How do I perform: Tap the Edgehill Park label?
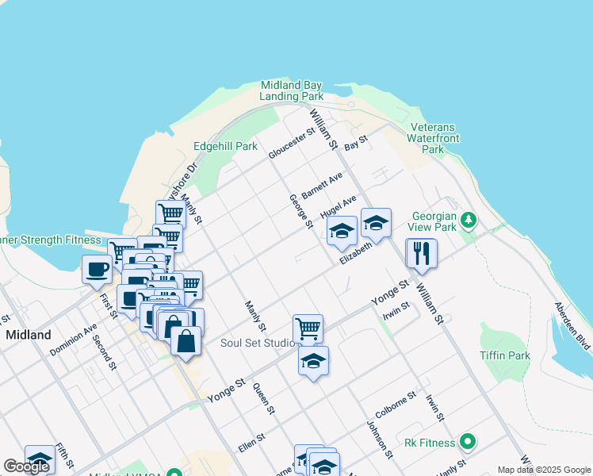[x=226, y=146]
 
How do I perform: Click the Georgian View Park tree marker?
[x=469, y=219]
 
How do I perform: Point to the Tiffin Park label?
[x=505, y=355]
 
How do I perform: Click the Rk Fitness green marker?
[x=468, y=441]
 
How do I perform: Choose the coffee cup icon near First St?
[x=97, y=268]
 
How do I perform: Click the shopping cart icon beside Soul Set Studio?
[x=308, y=327]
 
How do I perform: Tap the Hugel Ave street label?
[x=339, y=208]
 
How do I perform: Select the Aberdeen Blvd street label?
[x=572, y=325]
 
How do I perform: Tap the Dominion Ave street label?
[x=73, y=339]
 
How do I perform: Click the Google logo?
[x=26, y=466]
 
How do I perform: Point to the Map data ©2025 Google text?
[x=543, y=470]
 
